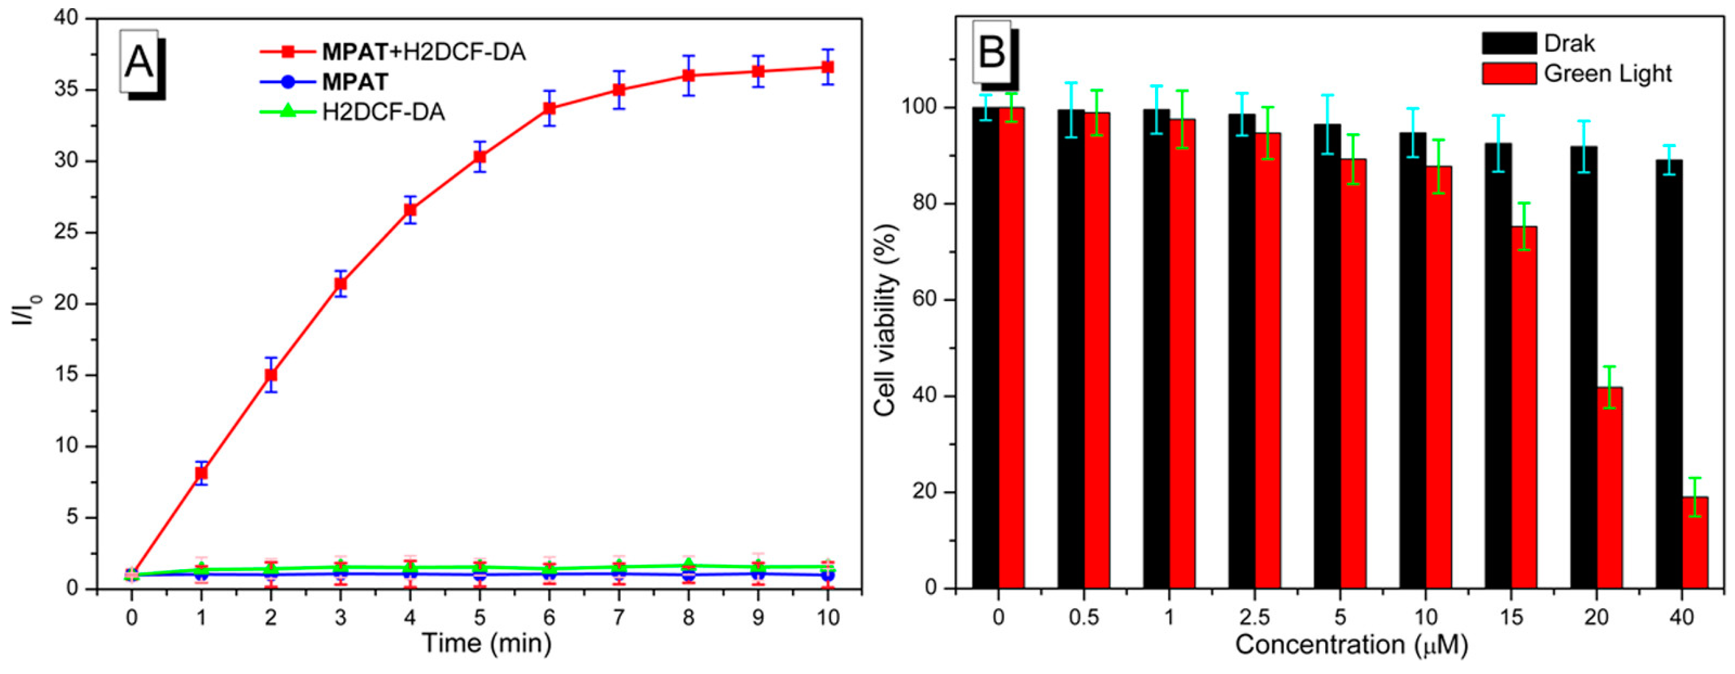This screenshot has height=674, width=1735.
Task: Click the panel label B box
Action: pyautogui.click(x=992, y=53)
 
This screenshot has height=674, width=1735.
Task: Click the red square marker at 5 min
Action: pyautogui.click(x=480, y=157)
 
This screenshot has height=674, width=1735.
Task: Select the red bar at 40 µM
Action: pyautogui.click(x=1695, y=543)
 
